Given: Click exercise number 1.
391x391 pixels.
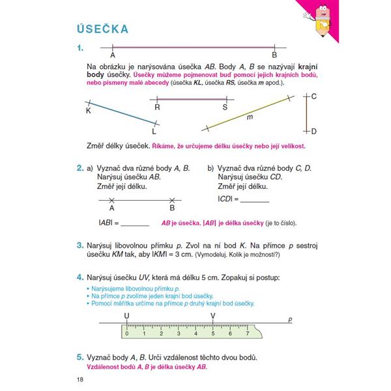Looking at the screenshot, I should click(81, 48).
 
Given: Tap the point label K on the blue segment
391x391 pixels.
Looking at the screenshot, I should click(89, 111).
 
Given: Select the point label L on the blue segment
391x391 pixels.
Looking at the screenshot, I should click(154, 130).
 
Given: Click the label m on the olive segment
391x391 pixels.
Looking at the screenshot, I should click(250, 118).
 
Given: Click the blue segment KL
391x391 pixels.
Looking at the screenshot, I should click(121, 112).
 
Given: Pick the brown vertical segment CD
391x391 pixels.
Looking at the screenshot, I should click(306, 113).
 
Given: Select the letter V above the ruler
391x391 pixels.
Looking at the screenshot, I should click(213, 316).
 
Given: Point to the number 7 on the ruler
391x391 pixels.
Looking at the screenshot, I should click(247, 334).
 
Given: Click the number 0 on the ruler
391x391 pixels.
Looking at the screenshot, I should click(126, 334).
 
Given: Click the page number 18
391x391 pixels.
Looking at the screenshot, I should click(80, 380).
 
